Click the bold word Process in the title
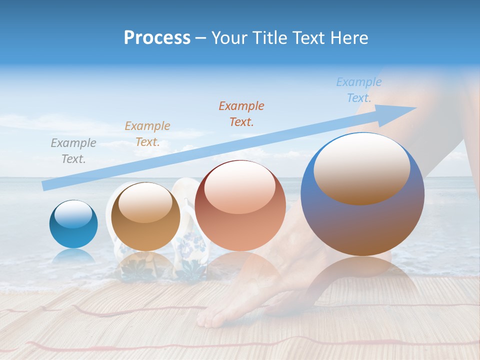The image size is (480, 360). coord(157,38)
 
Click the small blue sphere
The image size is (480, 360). coord(73,224)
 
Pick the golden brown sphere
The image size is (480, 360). coord(145,216)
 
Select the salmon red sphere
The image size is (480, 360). coord(240,205)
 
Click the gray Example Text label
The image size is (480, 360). coord(73,151)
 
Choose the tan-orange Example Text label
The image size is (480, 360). coord(147,134)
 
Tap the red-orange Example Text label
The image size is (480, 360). coord(241,113)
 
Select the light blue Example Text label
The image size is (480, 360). coord(359,90)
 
